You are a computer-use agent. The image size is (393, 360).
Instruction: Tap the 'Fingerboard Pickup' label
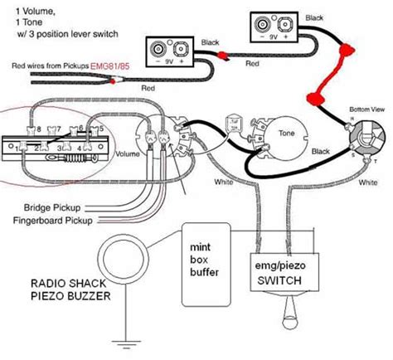coord(53,221)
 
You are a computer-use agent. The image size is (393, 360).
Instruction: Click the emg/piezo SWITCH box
coord(282,272)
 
